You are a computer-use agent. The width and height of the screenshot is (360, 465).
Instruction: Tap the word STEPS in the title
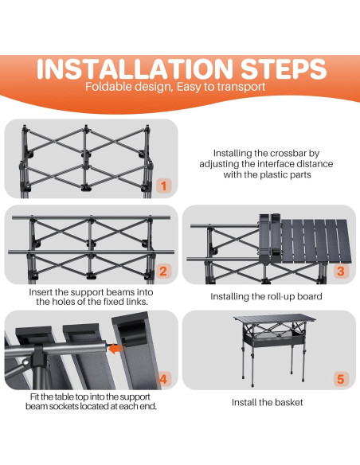284,69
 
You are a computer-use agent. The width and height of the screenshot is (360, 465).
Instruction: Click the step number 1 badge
164,186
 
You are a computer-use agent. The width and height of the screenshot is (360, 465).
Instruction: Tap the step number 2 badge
163,271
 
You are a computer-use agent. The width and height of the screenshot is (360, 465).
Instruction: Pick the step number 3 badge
341,271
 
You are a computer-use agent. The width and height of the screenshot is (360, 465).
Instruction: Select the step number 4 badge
163,379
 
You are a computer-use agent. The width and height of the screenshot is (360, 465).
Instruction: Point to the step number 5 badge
341,379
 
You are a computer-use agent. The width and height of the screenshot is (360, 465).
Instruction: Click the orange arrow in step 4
115,349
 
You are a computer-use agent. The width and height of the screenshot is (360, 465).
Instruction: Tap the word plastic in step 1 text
272,174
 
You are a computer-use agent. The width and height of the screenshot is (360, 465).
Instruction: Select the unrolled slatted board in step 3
315,241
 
